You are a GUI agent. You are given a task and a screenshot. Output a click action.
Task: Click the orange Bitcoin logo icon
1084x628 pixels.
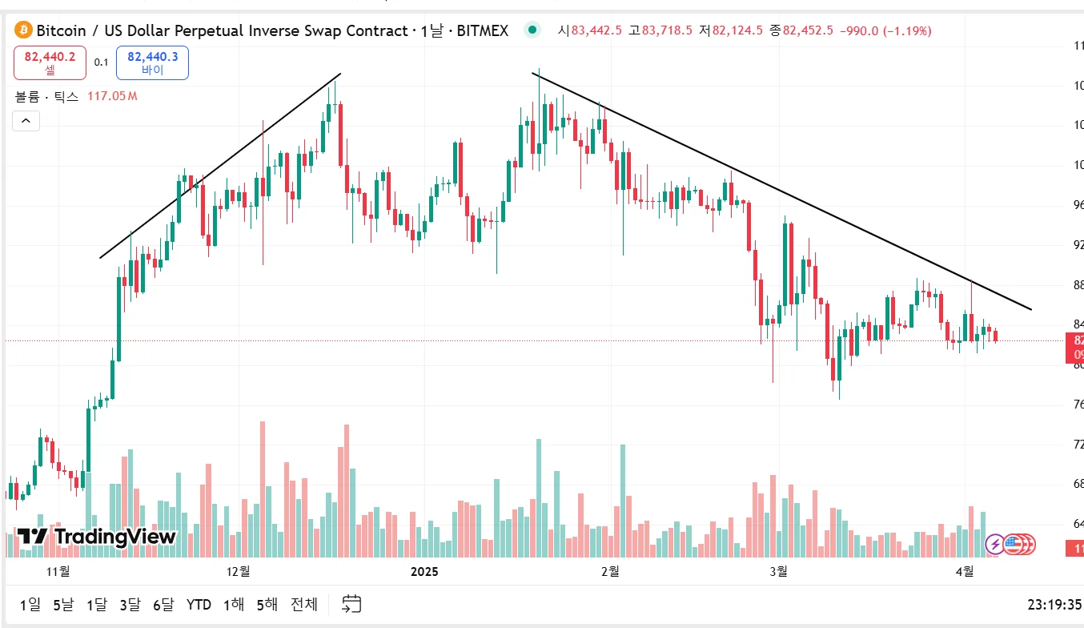click(22, 30)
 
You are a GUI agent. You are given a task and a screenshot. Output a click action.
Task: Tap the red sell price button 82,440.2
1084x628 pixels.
click(50, 62)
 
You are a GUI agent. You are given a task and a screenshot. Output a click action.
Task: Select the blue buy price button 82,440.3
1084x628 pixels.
click(152, 62)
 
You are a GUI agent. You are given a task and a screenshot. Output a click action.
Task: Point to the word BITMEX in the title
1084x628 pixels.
click(482, 30)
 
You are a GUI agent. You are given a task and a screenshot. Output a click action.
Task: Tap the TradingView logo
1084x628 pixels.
click(96, 536)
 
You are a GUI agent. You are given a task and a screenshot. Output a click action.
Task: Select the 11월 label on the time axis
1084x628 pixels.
click(58, 571)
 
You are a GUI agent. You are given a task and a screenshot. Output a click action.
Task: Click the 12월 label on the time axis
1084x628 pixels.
click(239, 571)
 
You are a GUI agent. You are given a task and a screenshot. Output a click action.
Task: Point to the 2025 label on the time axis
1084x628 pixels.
click(424, 571)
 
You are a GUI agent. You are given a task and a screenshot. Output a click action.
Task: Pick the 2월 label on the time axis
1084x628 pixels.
click(609, 571)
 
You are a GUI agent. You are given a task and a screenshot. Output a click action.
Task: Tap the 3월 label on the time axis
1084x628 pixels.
click(777, 571)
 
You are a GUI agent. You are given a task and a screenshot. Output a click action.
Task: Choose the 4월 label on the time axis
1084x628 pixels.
click(965, 571)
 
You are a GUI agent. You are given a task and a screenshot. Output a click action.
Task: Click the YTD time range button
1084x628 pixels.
click(199, 604)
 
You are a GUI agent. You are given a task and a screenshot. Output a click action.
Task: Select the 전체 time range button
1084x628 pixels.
click(303, 604)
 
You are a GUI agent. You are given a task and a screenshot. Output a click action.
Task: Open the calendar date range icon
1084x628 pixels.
click(351, 604)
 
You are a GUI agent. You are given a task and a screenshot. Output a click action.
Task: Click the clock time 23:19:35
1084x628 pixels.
click(1054, 605)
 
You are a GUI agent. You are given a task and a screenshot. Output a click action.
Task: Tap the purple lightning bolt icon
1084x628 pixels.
click(994, 545)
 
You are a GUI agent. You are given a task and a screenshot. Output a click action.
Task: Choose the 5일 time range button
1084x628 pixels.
click(63, 604)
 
